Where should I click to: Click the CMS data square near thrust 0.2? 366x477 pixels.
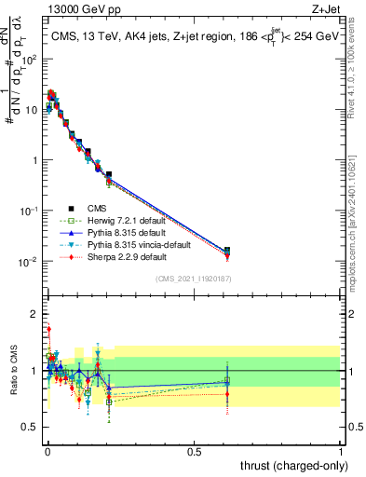[109, 174]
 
